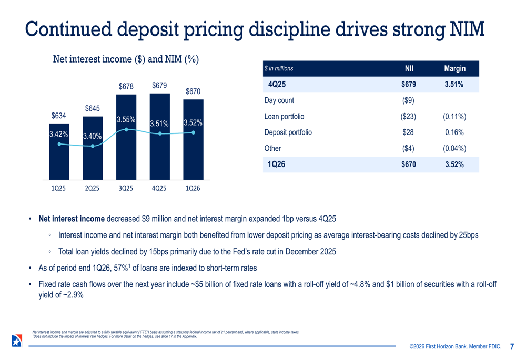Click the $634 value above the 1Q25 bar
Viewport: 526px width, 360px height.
point(58,116)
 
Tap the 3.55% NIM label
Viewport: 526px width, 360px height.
point(126,119)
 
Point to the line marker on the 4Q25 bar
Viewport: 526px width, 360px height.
point(159,133)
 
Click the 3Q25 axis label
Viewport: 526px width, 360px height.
point(126,188)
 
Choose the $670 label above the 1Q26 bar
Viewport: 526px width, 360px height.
point(193,91)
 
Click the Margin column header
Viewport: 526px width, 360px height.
point(454,68)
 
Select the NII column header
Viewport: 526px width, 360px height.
point(409,68)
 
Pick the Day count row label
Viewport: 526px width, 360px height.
point(279,100)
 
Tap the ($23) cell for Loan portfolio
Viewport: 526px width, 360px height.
point(408,117)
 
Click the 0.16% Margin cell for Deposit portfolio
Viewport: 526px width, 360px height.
point(454,132)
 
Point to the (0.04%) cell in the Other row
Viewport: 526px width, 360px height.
point(454,148)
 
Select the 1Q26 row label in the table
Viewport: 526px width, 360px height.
point(276,164)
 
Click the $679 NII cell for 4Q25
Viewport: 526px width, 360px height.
point(408,84)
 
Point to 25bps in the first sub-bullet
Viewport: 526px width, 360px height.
point(469,235)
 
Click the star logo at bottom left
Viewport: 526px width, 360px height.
point(16,340)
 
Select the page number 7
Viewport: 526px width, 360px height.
point(512,347)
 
